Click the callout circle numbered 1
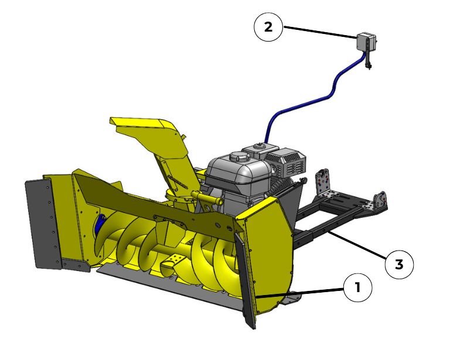click(357, 287)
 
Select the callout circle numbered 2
click(268, 27)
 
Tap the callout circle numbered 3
click(399, 264)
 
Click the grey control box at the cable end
click(366, 42)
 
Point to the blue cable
click(316, 99)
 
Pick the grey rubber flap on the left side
click(43, 224)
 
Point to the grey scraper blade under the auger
click(169, 284)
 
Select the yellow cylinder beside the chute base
click(207, 198)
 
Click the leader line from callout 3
click(357, 245)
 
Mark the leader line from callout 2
click(320, 32)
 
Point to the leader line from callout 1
click(300, 293)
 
